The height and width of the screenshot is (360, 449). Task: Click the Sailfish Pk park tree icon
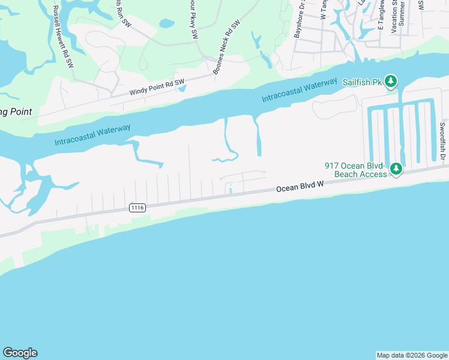(391, 80)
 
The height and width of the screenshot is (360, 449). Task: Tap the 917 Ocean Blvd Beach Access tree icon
(396, 170)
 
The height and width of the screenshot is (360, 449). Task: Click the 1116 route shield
(137, 208)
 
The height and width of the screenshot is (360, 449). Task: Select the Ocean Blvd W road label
(300, 188)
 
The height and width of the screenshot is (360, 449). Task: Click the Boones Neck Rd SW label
(226, 49)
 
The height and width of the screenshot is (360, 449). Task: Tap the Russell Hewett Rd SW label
(62, 36)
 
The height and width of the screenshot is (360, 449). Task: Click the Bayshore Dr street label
(300, 22)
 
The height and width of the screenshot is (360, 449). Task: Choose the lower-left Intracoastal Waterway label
(92, 134)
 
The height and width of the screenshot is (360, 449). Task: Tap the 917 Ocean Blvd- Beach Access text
(357, 170)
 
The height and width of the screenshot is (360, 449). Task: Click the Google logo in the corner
(20, 353)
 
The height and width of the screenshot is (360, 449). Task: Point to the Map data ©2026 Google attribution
(412, 355)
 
